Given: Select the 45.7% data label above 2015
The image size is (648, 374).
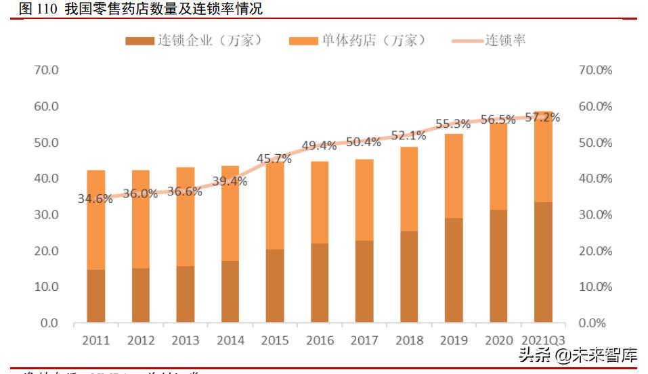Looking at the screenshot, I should [x=274, y=159].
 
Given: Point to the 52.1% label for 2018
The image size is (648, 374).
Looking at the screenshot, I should [x=408, y=135].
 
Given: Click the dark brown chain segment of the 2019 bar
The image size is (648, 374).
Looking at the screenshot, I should [x=454, y=269].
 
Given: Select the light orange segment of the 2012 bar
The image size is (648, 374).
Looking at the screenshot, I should [x=141, y=218].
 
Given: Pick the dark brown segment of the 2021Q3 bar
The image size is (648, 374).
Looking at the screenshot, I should [x=543, y=262].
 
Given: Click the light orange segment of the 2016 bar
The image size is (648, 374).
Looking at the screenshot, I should [x=320, y=202].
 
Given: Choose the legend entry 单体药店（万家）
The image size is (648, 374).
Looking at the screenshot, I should [x=358, y=41].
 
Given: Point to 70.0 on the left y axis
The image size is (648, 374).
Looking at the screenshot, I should [x=47, y=70].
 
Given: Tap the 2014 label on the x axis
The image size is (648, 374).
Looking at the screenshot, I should [x=230, y=341].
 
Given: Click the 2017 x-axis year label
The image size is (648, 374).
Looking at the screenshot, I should [x=364, y=341].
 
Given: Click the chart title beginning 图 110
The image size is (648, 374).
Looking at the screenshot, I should [x=131, y=9].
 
